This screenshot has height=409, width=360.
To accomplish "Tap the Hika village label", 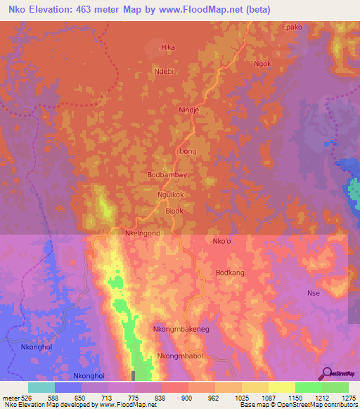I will pos(167,47).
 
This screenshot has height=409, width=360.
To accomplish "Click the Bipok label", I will pos(174,210).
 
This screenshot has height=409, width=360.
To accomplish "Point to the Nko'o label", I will pos(222,241).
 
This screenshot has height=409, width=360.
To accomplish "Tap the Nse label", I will pos(314,292).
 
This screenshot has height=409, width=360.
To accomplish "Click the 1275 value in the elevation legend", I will pos(349,398).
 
